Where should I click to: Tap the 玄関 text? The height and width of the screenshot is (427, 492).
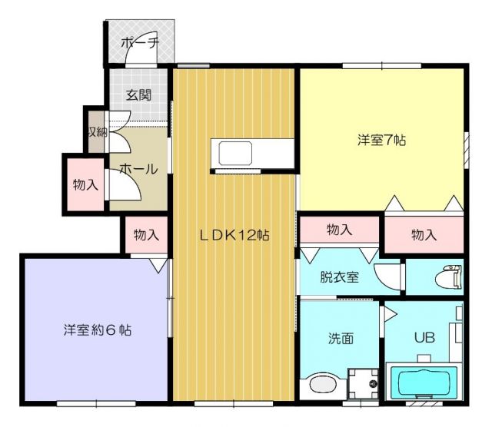[x=138, y=96]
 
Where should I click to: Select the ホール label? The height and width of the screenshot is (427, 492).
[x=138, y=169]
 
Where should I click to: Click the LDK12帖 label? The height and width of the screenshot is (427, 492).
[x=234, y=236]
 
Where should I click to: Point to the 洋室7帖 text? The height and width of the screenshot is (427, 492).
[x=381, y=141]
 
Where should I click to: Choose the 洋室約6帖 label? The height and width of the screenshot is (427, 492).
[x=98, y=331]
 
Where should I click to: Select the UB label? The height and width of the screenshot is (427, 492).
[x=425, y=337]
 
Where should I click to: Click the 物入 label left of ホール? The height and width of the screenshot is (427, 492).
[x=85, y=184]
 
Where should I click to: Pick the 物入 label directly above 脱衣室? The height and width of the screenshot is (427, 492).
[x=339, y=230]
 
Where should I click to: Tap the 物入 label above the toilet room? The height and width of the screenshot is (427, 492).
[x=424, y=235]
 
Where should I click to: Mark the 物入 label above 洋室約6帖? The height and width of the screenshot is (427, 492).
[x=146, y=235]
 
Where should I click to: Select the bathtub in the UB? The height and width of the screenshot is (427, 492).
[x=425, y=382]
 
